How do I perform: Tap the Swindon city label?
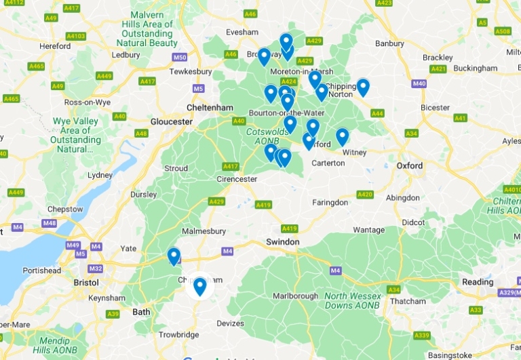click(283, 242)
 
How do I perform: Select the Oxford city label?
click(410, 165)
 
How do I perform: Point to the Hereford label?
click(56, 46)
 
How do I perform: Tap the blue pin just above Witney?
click(343, 136)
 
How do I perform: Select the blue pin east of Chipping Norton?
click(363, 86)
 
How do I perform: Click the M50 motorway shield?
click(180, 58)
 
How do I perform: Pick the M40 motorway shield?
click(419, 83)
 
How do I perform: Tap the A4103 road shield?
click(77, 36)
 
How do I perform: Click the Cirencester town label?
click(237, 179)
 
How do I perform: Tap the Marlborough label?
click(295, 296)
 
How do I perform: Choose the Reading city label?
click(478, 282)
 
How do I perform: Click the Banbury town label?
click(389, 44)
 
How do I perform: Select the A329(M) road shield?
click(509, 292)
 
